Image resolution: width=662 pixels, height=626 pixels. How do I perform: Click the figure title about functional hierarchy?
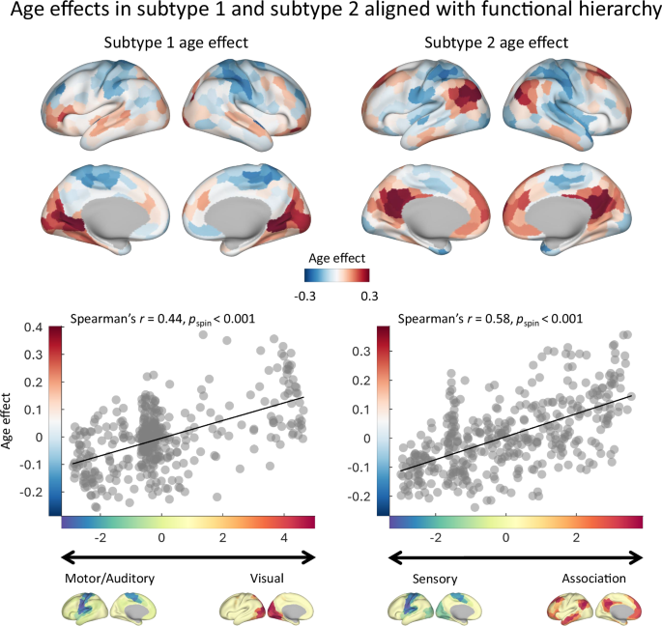(331, 13)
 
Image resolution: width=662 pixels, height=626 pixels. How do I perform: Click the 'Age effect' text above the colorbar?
(331, 260)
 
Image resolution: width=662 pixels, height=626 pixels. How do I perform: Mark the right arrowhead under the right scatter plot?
(637, 557)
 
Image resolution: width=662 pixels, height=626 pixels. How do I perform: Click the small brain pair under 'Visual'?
(264, 609)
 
